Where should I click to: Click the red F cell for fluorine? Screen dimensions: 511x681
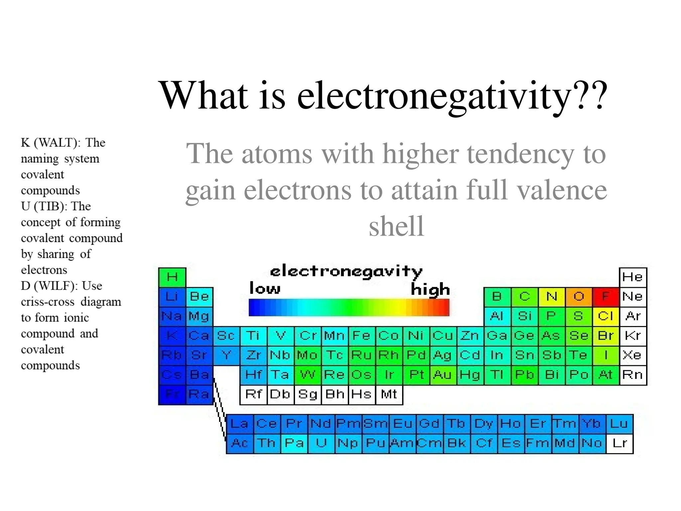pos(606,297)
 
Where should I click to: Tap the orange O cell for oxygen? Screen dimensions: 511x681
pos(579,297)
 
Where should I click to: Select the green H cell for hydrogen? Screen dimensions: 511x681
pos(172,277)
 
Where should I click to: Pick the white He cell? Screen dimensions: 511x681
pos(632,277)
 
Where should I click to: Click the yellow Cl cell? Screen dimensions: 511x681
pos(606,316)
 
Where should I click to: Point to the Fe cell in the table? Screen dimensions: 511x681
pos(362,336)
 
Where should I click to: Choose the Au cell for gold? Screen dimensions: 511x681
pos(443,375)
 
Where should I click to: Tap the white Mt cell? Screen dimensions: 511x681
pos(389,395)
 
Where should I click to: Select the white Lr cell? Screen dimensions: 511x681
pos(619,443)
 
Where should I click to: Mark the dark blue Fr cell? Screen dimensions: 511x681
pos(172,395)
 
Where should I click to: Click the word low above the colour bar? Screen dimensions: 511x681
pos(265,288)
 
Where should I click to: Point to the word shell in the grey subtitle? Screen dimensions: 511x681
pos(396,226)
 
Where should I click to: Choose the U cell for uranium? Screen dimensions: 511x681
pos(321,443)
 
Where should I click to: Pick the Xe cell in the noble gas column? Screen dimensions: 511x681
pos(632,355)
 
